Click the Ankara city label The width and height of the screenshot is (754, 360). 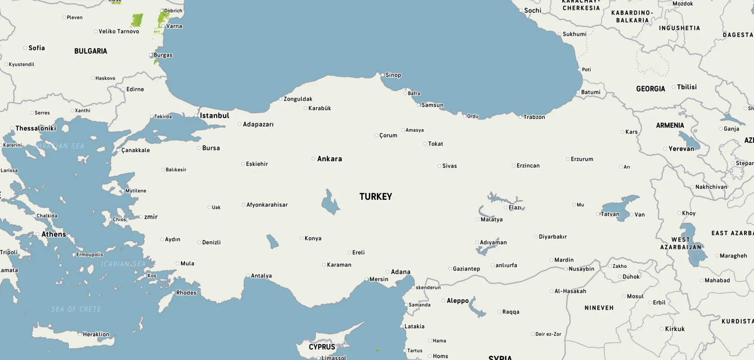coord(330,159)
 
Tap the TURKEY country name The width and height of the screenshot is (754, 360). coord(375,197)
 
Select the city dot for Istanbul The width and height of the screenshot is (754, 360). coord(196,116)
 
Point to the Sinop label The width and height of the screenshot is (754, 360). coord(393,75)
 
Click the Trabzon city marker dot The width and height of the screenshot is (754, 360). coord(520,117)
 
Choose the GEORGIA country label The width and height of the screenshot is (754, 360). coord(650,89)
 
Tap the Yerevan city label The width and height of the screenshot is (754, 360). coord(681,149)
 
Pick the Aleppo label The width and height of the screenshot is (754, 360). coord(457,301)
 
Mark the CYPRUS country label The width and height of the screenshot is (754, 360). coord(322,347)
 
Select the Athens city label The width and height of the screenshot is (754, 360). coord(54,234)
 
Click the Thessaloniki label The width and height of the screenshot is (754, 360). coord(36,128)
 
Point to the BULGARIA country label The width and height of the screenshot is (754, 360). coord(90,51)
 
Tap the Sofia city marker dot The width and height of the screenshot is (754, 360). coord(25,48)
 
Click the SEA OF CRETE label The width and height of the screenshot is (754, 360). coord(76,309)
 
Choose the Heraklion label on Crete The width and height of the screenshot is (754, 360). coord(96,334)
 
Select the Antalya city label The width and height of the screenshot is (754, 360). coord(261,276)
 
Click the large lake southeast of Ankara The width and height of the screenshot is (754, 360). coord(330,202)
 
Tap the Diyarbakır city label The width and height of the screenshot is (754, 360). coord(552,237)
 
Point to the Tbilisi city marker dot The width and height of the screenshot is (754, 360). coord(673,87)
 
